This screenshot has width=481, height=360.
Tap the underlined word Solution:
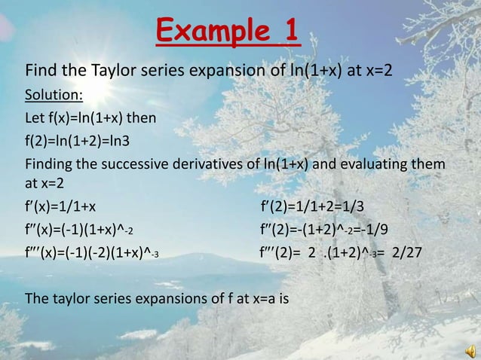pos(55,96)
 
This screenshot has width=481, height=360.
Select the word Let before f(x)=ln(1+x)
pos(35,118)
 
